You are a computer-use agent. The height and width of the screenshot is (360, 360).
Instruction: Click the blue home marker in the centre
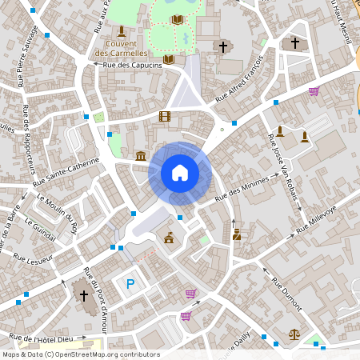pos(180,173)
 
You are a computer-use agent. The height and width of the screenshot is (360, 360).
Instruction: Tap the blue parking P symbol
pos(130,283)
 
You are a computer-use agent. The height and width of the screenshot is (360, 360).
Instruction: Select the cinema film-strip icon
pos(165,117)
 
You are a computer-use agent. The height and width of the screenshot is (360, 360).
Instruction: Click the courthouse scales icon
pos(294,335)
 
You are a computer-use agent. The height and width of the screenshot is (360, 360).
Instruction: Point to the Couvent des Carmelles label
pos(121,48)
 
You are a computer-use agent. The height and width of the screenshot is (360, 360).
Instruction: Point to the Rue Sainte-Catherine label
pos(67,172)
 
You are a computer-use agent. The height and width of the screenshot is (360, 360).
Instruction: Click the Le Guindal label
pos(40,229)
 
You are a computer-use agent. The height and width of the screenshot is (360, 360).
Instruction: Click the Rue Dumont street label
pos(284,293)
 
